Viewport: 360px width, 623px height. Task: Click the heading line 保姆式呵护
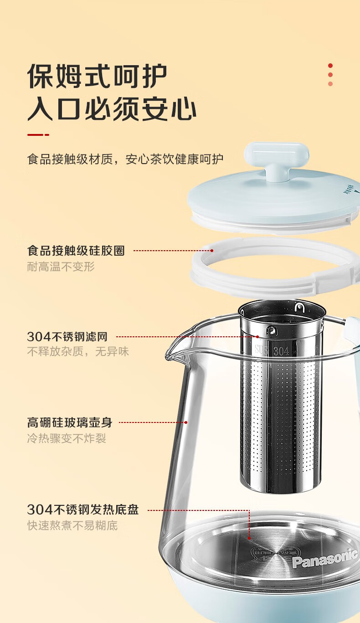97,76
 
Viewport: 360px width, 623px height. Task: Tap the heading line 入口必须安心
112,108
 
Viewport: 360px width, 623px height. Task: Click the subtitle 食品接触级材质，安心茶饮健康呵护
125,160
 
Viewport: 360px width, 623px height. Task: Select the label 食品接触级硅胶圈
76,251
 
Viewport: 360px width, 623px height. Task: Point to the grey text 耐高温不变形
61,267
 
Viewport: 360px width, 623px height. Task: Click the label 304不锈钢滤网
67,337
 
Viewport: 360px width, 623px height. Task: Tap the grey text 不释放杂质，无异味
78,351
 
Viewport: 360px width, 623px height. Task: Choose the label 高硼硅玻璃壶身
70,422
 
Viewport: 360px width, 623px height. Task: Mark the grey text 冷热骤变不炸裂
67,438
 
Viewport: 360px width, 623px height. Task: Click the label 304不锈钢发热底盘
83,510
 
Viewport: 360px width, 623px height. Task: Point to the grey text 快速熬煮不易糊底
72,525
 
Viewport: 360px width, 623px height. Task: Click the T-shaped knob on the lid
277,161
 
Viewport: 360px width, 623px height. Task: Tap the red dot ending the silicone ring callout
212,251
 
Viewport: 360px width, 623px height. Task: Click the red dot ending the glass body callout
186,422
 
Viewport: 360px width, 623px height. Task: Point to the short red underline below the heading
38,135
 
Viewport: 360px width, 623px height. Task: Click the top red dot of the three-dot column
330,66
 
